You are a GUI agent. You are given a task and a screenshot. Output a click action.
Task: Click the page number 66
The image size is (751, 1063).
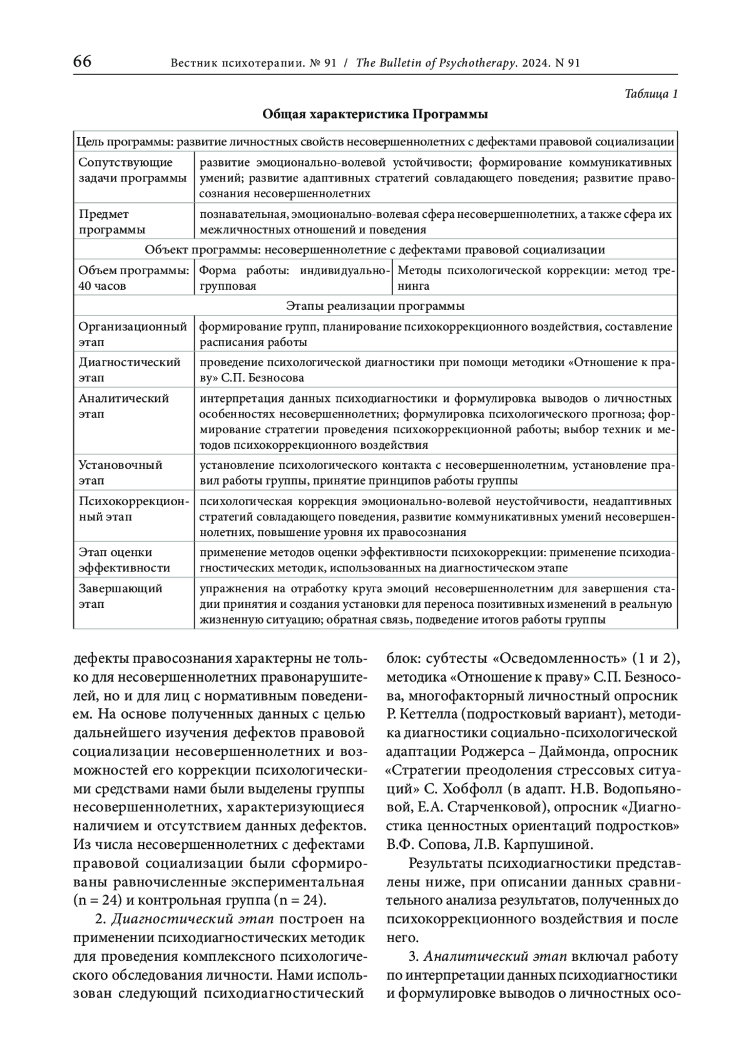(x=83, y=62)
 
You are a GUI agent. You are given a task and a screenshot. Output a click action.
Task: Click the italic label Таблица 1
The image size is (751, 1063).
(x=651, y=95)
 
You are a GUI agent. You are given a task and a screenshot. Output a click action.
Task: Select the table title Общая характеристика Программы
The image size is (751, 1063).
(x=375, y=115)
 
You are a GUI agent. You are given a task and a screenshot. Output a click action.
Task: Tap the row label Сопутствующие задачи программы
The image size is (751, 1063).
(x=132, y=170)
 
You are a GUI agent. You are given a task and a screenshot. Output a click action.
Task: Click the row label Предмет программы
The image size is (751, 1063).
(x=112, y=222)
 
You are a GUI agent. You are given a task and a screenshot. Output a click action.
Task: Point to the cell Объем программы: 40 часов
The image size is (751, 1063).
(x=133, y=278)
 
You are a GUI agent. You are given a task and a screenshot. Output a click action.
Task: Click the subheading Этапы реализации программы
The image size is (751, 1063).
(x=375, y=306)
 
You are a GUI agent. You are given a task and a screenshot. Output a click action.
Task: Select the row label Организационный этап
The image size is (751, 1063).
(x=132, y=334)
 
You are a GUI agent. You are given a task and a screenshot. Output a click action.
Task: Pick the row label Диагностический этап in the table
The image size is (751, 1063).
(x=129, y=370)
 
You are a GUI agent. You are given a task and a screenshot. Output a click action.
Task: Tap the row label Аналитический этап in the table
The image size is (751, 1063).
(x=123, y=406)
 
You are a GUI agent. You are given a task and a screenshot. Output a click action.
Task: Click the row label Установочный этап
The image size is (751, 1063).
(x=120, y=473)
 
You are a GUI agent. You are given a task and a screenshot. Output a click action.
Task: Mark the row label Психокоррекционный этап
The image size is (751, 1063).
(x=132, y=509)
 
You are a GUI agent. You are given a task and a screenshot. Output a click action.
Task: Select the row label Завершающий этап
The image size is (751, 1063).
(x=120, y=596)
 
